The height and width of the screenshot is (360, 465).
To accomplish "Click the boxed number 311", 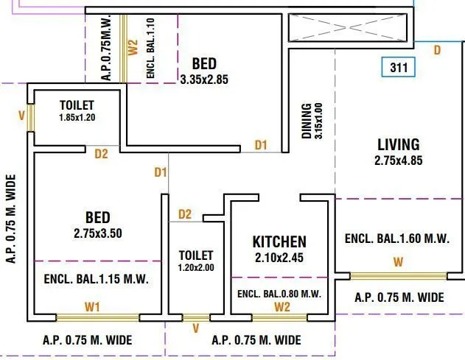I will pyautogui.click(x=399, y=68).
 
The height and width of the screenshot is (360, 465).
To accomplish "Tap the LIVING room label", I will pyautogui.click(x=398, y=144).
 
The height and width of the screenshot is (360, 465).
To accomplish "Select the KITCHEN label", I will pyautogui.click(x=279, y=241).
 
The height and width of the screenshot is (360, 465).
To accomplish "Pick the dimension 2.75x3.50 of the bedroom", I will pyautogui.click(x=97, y=233).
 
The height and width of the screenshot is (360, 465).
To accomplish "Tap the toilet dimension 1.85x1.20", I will pyautogui.click(x=77, y=117).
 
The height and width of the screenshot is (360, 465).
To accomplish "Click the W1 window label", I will pyautogui.click(x=92, y=306).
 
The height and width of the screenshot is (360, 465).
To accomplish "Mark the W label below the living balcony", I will pyautogui.click(x=398, y=262).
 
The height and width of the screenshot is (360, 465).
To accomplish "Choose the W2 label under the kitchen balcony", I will pyautogui.click(x=280, y=306).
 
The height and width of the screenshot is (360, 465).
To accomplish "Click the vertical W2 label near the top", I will pyautogui.click(x=133, y=48).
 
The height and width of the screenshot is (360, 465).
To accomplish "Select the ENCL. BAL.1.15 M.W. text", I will pyautogui.click(x=97, y=280).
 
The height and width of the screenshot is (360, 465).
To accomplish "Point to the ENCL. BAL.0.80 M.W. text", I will pyautogui.click(x=279, y=294).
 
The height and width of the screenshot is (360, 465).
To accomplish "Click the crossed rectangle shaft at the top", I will pyautogui.click(x=347, y=29).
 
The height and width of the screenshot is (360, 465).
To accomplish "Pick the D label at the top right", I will pyautogui.click(x=436, y=50).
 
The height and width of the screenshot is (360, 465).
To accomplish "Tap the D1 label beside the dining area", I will pyautogui.click(x=261, y=145).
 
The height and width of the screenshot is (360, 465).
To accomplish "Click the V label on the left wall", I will pyautogui.click(x=22, y=116).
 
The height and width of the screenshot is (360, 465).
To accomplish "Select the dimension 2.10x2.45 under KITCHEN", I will pyautogui.click(x=279, y=258).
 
